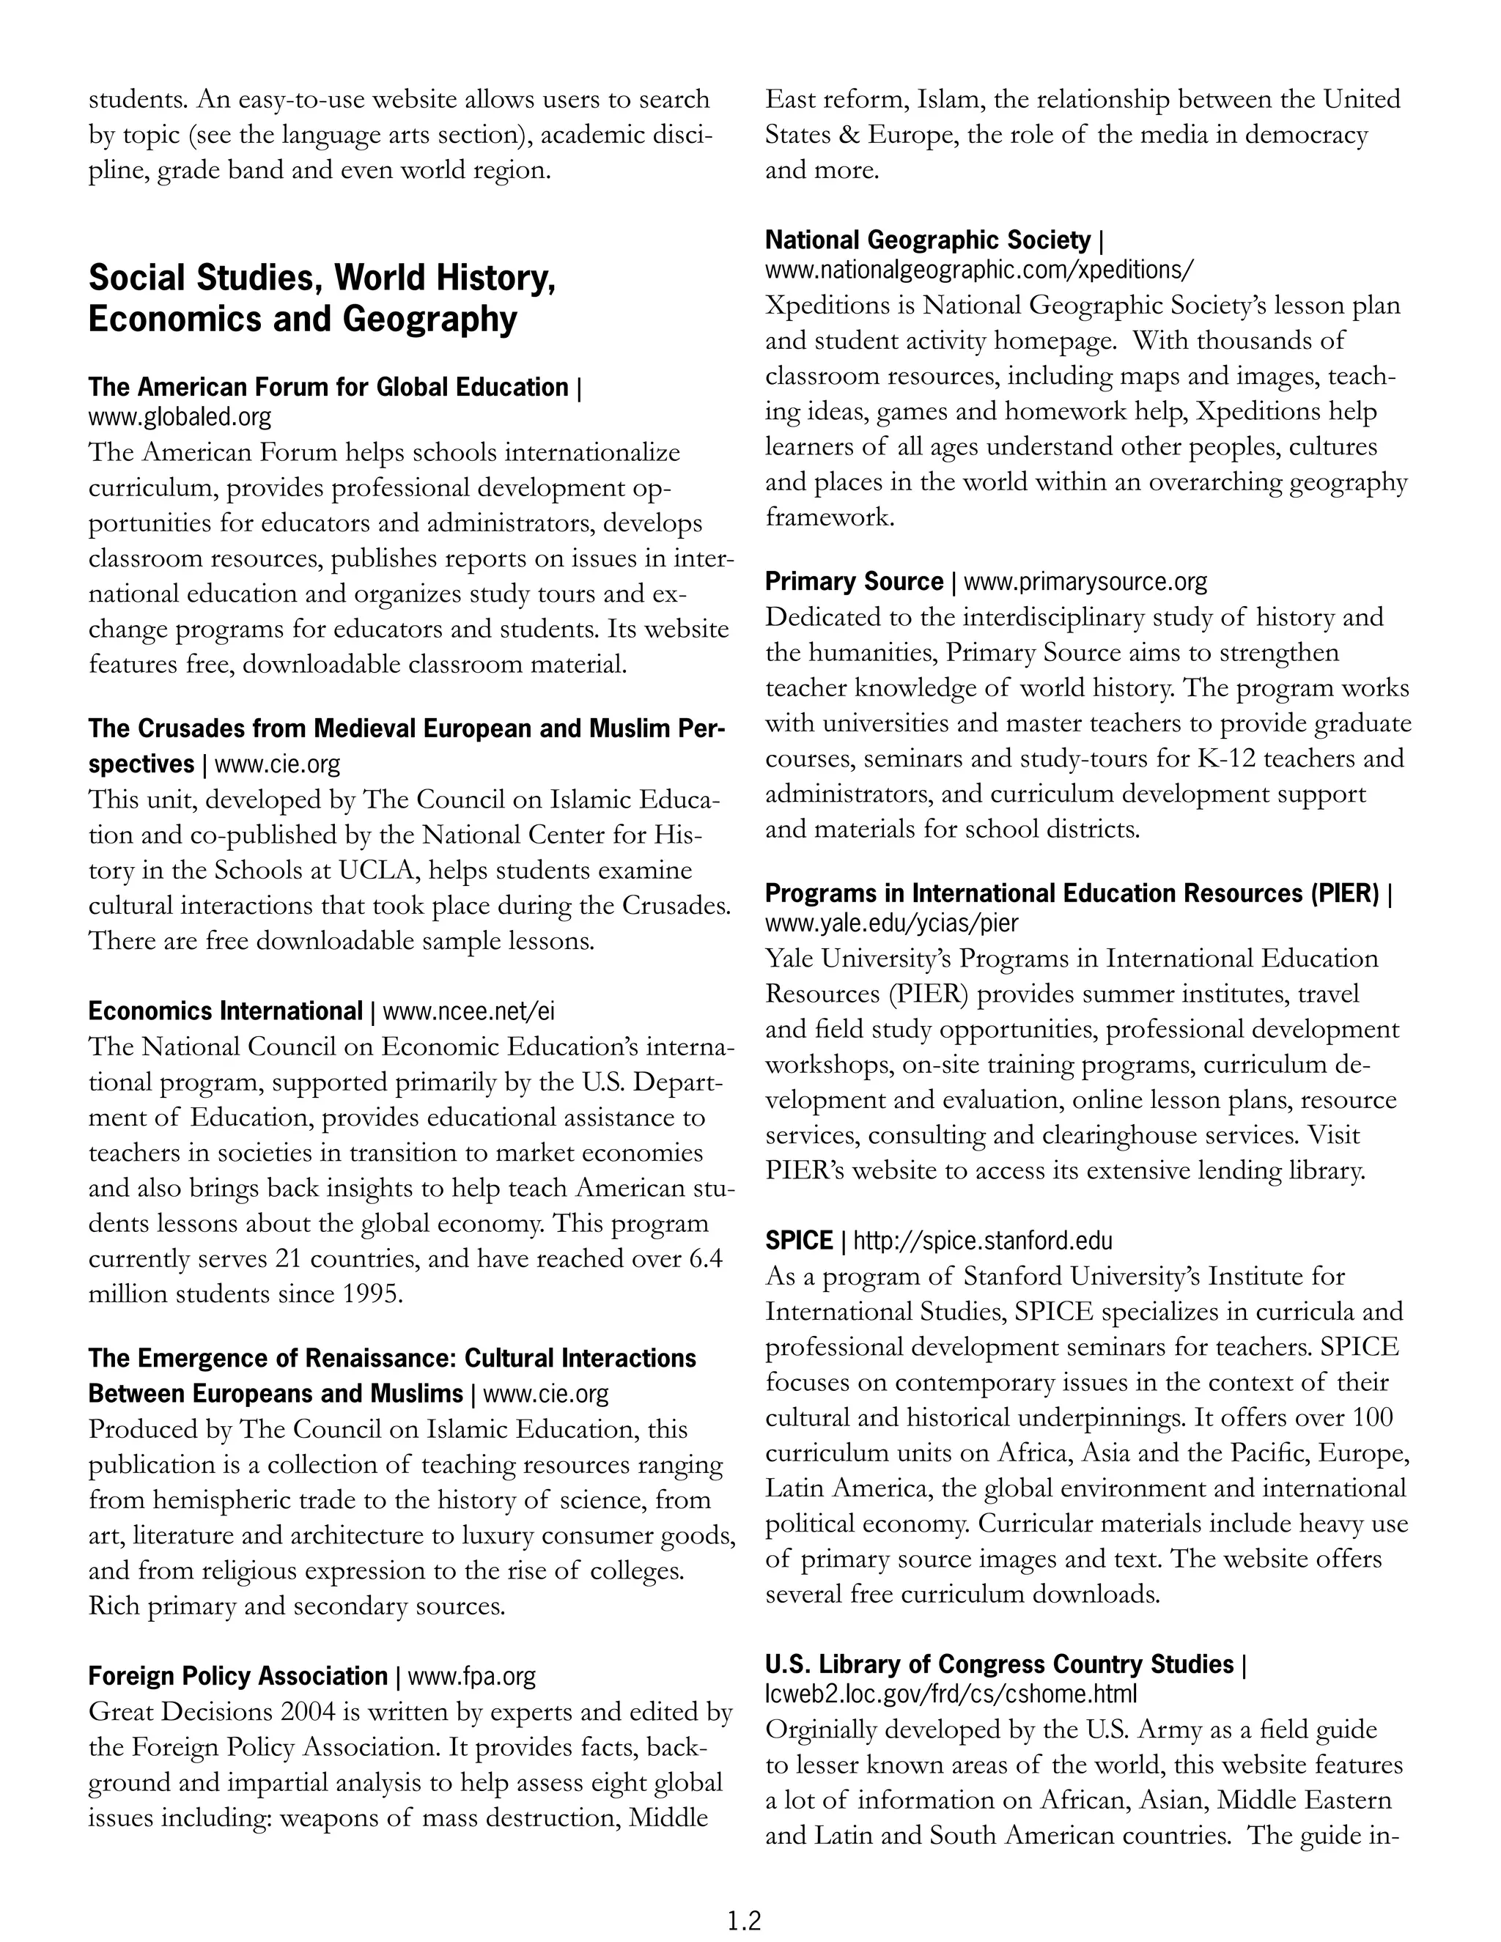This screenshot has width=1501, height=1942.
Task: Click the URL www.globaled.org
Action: (x=180, y=416)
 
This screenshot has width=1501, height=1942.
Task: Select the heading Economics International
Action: (x=225, y=1011)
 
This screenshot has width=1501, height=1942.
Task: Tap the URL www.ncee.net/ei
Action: (x=468, y=1011)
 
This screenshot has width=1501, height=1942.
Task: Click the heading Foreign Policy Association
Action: (x=237, y=1676)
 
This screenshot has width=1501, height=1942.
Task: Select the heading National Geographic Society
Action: (x=927, y=240)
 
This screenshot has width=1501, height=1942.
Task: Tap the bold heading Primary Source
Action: (x=854, y=582)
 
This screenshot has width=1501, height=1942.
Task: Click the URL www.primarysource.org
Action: (x=1085, y=582)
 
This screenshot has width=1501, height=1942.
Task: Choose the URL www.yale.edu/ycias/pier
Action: (x=892, y=922)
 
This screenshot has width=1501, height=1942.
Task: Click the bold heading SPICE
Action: (x=799, y=1241)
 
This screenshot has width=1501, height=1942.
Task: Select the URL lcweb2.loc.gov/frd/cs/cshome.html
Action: (x=951, y=1693)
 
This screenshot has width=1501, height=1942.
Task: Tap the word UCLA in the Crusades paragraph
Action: (x=377, y=871)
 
